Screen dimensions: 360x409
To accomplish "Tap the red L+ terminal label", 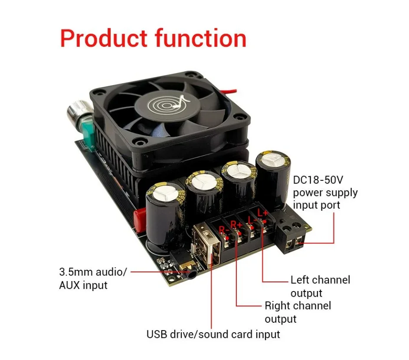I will (x=263, y=213).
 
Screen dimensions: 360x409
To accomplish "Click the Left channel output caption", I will (x=320, y=286).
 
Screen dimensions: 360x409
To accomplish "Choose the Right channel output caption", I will (x=298, y=312).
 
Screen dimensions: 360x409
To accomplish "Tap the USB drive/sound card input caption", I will (x=213, y=334).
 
